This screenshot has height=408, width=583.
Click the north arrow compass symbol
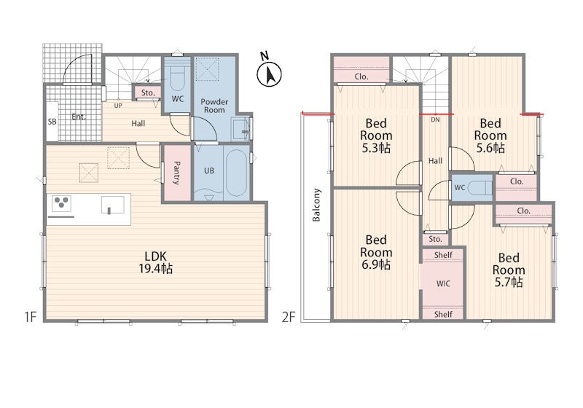[269, 72]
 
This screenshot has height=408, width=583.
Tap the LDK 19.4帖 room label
[155, 262]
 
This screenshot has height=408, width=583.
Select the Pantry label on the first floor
[177, 173]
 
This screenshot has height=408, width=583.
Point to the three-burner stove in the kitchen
[61, 203]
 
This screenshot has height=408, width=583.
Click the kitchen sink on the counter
[113, 205]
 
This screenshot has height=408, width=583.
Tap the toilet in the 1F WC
[178, 77]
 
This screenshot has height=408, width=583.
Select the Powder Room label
[214, 106]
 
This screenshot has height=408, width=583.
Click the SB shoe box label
[52, 122]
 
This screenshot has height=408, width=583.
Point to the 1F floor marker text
[30, 317]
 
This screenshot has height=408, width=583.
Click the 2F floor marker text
[289, 317]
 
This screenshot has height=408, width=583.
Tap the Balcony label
[316, 205]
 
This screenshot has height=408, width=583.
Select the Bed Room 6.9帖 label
[376, 252]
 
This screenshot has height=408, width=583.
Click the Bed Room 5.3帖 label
[376, 136]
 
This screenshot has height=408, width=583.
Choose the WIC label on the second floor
[443, 283]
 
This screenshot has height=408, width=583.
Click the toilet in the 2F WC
[479, 188]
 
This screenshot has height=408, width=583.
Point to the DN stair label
[435, 119]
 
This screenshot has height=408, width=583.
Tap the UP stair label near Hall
[118, 106]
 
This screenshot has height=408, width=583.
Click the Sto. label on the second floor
[435, 239]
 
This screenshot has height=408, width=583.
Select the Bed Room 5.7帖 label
[508, 270]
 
